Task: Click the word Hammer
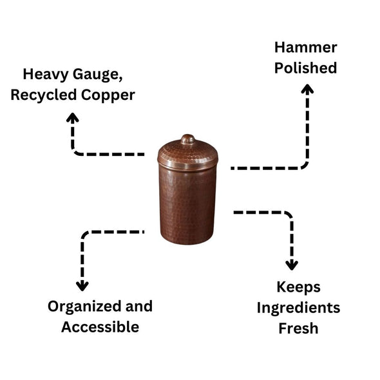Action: pyautogui.click(x=305, y=47)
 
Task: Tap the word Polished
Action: pyautogui.click(x=305, y=68)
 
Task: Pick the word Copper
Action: pyautogui.click(x=113, y=96)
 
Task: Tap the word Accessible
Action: pyautogui.click(x=100, y=327)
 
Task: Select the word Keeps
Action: pyautogui.click(x=298, y=287)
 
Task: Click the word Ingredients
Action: pyautogui.click(x=298, y=308)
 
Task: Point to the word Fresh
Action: pyautogui.click(x=298, y=328)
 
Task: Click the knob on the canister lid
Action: pyautogui.click(x=187, y=138)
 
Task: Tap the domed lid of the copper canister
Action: pyautogui.click(x=187, y=153)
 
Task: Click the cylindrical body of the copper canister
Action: pyautogui.click(x=187, y=203)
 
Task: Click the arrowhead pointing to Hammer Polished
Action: pyautogui.click(x=307, y=90)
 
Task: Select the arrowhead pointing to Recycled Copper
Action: pyautogui.click(x=73, y=118)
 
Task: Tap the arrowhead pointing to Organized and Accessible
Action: pyautogui.click(x=82, y=285)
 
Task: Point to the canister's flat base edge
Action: pyautogui.click(x=187, y=240)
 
